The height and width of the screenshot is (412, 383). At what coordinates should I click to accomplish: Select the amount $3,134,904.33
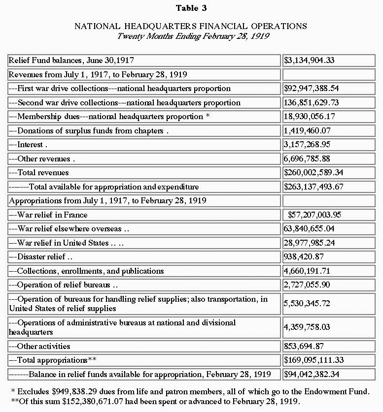[309, 61]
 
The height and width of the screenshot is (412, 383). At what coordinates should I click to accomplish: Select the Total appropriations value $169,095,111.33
[313, 360]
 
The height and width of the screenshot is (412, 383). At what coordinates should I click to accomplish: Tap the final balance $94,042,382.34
[311, 375]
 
